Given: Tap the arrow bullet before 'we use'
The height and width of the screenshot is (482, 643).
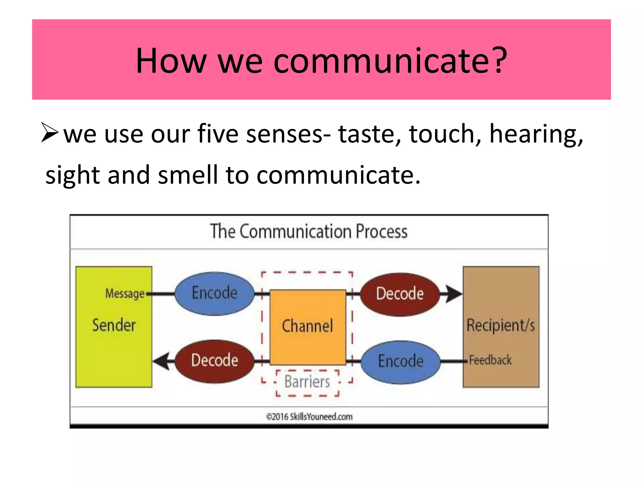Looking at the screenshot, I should [x=50, y=133].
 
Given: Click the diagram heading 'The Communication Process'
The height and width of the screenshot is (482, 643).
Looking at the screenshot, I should [x=309, y=232].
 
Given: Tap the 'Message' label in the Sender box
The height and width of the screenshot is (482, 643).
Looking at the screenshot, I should [x=125, y=294].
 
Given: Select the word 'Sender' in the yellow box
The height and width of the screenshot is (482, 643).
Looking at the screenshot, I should [x=114, y=325].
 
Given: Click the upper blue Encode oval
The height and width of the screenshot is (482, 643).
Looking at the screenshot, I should [x=214, y=293].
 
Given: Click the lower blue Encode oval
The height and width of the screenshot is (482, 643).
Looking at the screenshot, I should [x=401, y=361].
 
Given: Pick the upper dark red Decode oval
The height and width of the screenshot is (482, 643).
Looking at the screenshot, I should [x=400, y=294].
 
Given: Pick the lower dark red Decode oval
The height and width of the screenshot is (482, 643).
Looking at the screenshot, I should [x=214, y=361].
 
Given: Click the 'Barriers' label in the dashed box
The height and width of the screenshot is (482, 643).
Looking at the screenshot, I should [x=307, y=382].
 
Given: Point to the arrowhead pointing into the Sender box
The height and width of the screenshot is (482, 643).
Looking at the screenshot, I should [x=161, y=361].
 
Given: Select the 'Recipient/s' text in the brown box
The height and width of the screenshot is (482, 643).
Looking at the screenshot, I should [x=500, y=325].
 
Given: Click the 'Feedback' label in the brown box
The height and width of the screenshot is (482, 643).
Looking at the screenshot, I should [x=490, y=360].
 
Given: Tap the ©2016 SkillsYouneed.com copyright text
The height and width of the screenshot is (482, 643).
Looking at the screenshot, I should [x=309, y=417].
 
